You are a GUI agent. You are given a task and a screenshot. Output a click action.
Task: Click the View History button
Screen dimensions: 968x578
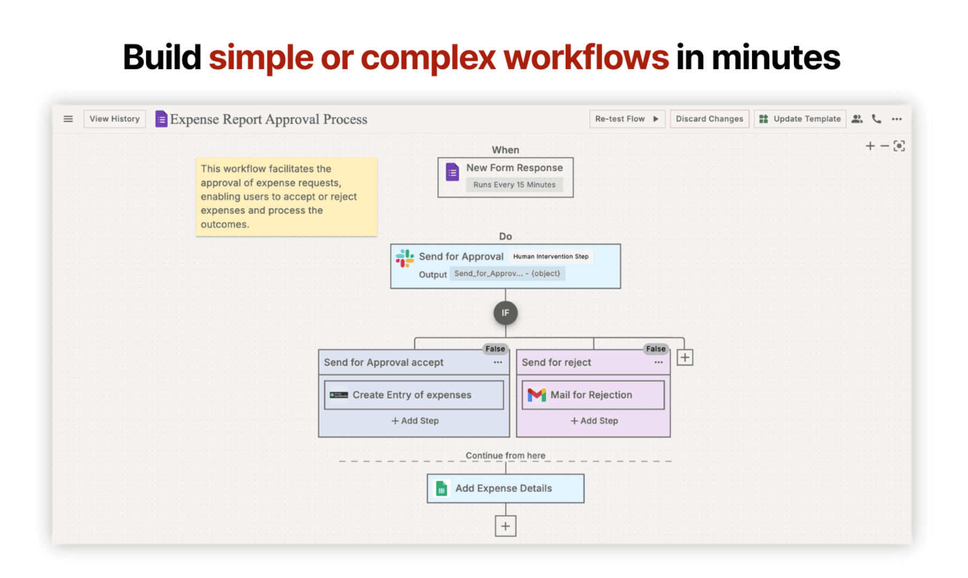coord(115,119)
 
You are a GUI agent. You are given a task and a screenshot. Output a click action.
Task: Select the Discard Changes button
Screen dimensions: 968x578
coord(709,119)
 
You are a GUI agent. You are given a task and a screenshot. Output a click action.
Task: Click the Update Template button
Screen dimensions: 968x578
coord(800,119)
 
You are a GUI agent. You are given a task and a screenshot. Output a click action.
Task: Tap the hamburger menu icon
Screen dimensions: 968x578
coord(68,119)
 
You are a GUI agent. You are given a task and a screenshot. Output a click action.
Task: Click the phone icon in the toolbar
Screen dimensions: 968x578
coord(876,119)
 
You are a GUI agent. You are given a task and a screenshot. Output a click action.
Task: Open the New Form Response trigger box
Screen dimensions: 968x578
coord(505,177)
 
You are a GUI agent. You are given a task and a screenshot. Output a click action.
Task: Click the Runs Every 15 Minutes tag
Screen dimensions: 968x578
coord(514,185)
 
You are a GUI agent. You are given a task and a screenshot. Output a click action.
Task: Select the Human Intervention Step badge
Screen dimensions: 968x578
coord(551,256)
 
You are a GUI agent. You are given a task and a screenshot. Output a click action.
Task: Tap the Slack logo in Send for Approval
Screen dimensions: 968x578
coord(405,258)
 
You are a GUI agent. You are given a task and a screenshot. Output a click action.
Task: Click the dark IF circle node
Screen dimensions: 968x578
coord(505,313)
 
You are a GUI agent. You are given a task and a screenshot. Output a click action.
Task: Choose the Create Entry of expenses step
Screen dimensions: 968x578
coord(414,395)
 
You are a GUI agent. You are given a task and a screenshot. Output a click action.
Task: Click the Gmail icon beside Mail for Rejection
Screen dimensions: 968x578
coord(537,395)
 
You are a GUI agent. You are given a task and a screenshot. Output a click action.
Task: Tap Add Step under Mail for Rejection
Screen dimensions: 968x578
coord(594,421)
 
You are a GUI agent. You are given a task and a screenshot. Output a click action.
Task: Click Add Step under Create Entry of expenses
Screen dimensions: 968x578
coord(415,421)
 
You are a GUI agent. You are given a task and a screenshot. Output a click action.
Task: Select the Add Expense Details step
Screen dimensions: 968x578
coord(505,488)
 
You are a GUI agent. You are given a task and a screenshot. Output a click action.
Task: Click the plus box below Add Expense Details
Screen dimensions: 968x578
coord(505,526)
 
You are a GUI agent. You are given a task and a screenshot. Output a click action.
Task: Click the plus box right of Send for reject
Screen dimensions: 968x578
coord(685,358)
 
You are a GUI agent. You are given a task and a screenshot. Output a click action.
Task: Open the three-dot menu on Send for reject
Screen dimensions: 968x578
coord(658,362)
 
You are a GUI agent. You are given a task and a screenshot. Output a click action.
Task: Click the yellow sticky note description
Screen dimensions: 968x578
coord(286,196)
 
